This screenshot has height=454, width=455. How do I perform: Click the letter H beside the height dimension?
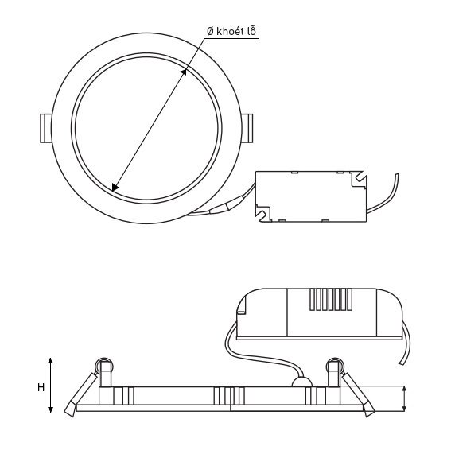(x=40, y=387)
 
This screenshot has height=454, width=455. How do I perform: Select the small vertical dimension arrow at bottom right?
(x=405, y=398)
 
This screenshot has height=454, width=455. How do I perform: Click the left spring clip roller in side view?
(x=102, y=367)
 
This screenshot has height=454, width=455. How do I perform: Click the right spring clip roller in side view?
(x=333, y=367)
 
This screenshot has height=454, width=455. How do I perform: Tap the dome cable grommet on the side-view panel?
(x=302, y=382)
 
